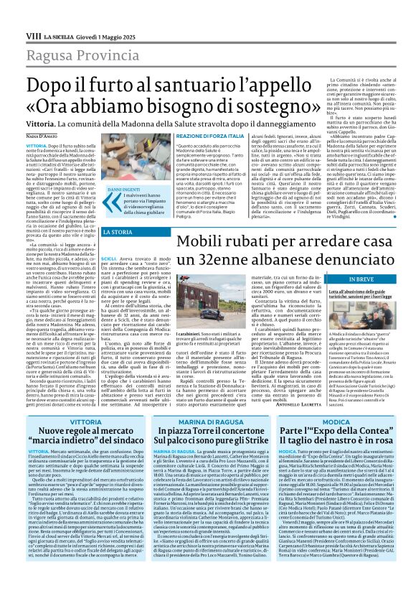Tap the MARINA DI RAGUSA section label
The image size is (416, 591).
tap(207, 423)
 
